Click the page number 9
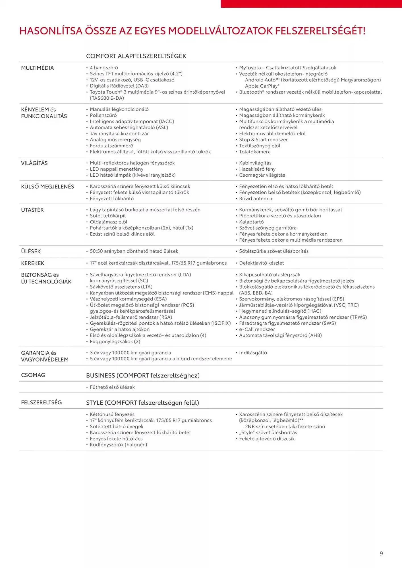(381, 553)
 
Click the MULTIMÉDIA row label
(37, 68)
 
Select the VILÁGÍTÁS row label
(34, 163)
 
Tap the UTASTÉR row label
(32, 210)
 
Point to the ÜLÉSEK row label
(31, 251)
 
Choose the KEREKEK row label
(33, 263)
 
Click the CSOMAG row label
(33, 375)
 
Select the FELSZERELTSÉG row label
(41, 402)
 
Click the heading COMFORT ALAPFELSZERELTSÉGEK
(136, 56)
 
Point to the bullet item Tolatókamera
(255, 152)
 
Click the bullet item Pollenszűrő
(103, 115)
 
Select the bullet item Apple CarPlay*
(262, 86)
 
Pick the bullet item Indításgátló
(253, 353)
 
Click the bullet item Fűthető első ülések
(112, 387)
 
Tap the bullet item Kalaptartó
(251, 222)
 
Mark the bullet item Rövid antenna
(256, 199)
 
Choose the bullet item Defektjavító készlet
(261, 263)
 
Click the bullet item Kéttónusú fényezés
(112, 414)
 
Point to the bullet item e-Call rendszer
(257, 329)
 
